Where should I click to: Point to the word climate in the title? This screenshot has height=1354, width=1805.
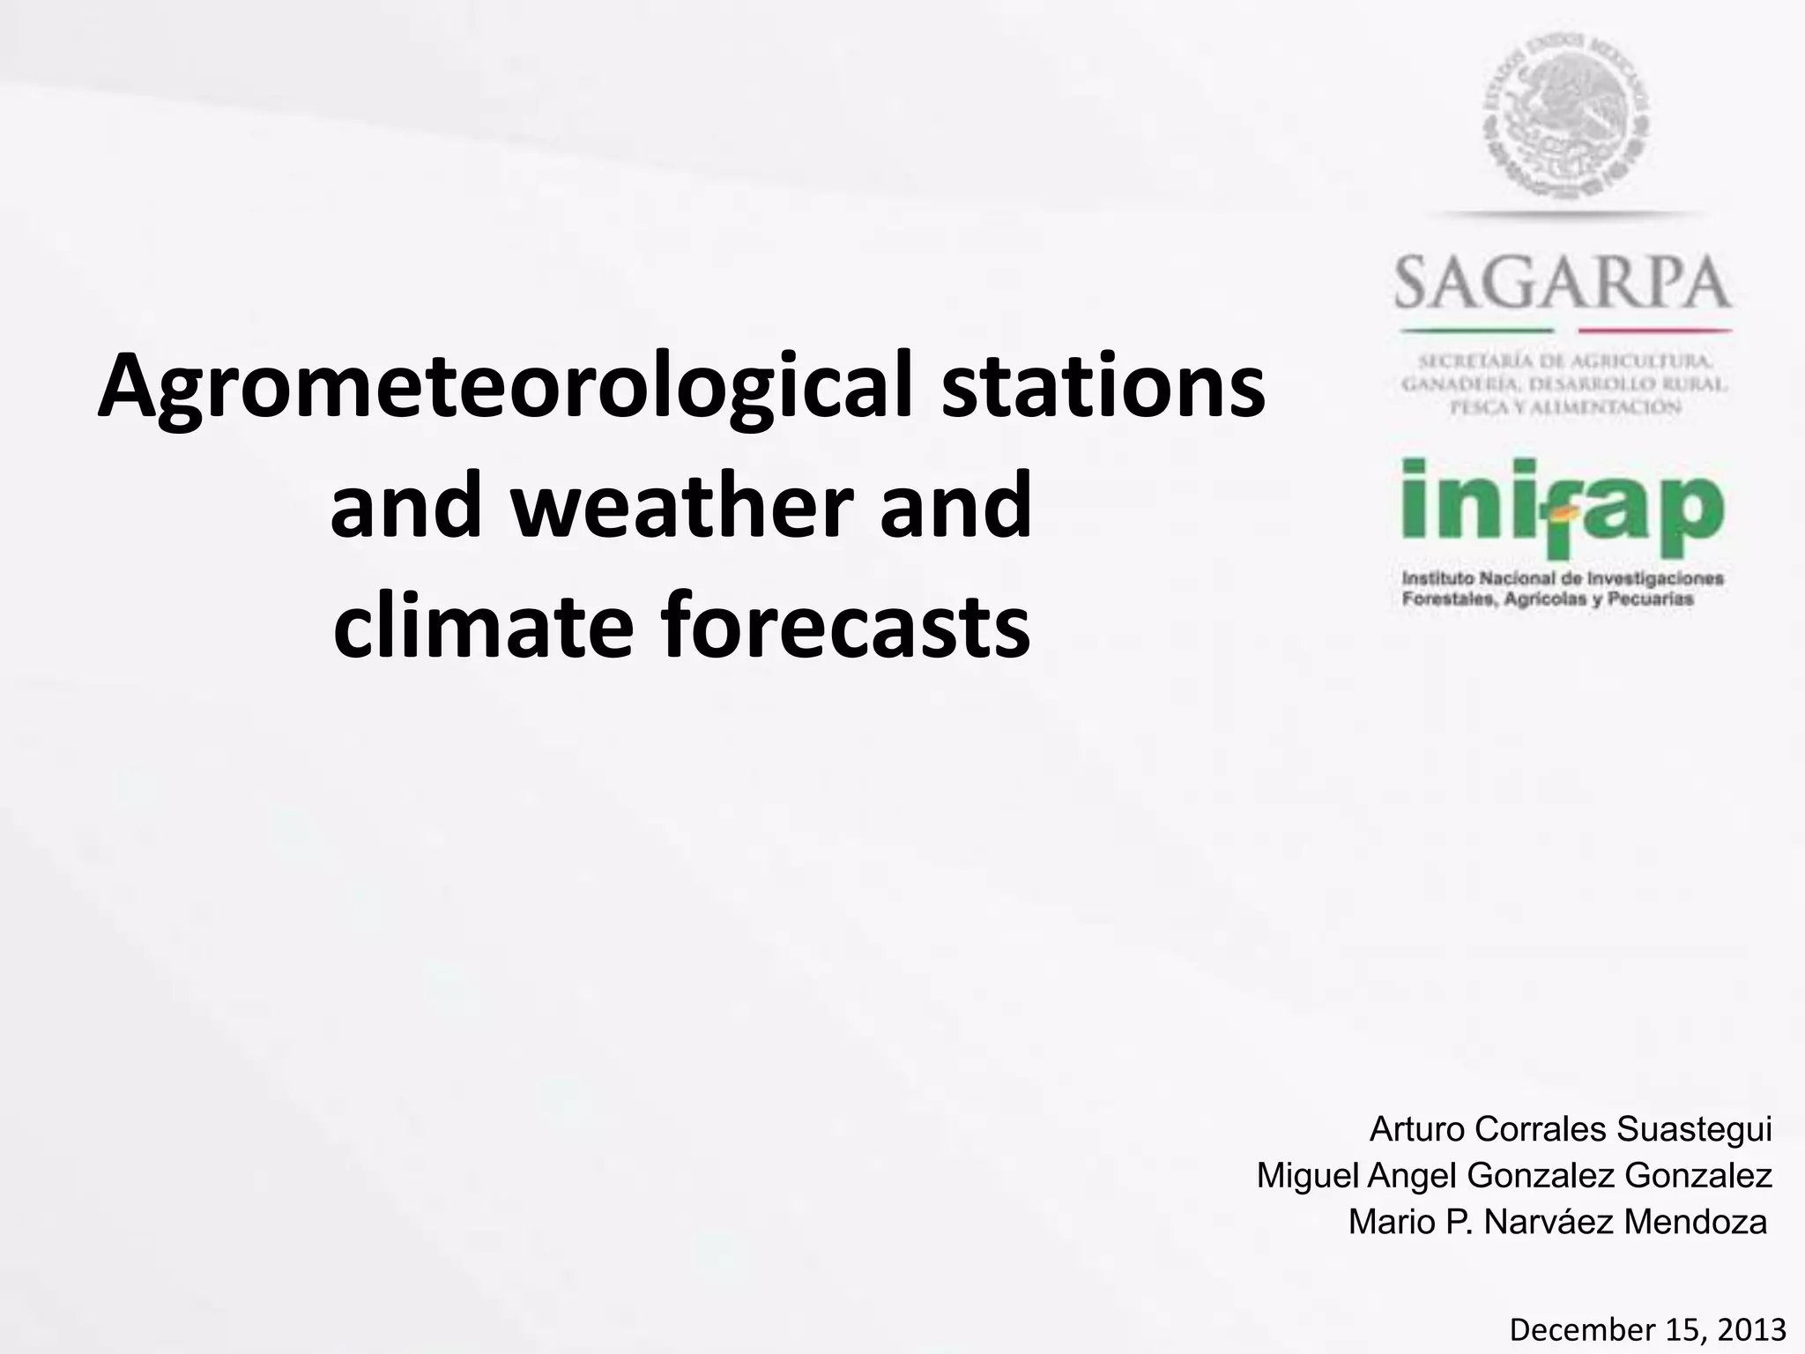(483, 625)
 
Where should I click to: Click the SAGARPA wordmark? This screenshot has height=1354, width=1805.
(1563, 282)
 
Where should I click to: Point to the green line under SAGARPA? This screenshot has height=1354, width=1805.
(1476, 331)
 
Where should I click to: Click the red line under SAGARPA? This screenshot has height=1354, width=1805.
(1654, 331)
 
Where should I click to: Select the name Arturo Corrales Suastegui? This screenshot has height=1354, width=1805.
(1570, 1129)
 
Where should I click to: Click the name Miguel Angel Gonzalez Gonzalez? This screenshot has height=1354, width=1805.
(1513, 1175)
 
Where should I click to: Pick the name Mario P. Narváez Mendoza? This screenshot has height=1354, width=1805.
(1557, 1222)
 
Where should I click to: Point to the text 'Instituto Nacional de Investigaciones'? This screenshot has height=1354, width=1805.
(1563, 579)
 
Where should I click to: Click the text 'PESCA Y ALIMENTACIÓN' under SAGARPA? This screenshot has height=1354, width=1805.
(1563, 406)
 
